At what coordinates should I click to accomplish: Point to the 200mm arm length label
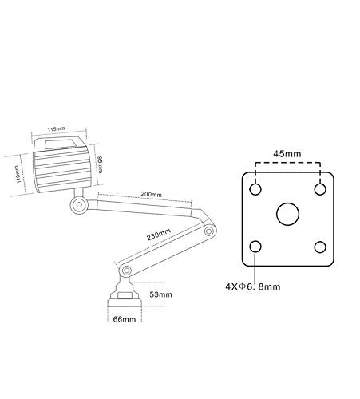point(150,194)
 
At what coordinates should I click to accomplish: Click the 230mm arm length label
point(158,234)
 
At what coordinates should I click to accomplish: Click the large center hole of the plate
point(287,214)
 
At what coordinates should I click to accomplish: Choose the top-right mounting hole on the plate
point(320,189)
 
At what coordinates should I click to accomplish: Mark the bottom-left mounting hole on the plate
point(255,247)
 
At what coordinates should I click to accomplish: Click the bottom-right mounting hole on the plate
point(320,247)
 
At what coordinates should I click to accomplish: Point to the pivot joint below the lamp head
point(78,206)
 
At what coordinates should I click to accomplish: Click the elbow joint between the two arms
point(208,232)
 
